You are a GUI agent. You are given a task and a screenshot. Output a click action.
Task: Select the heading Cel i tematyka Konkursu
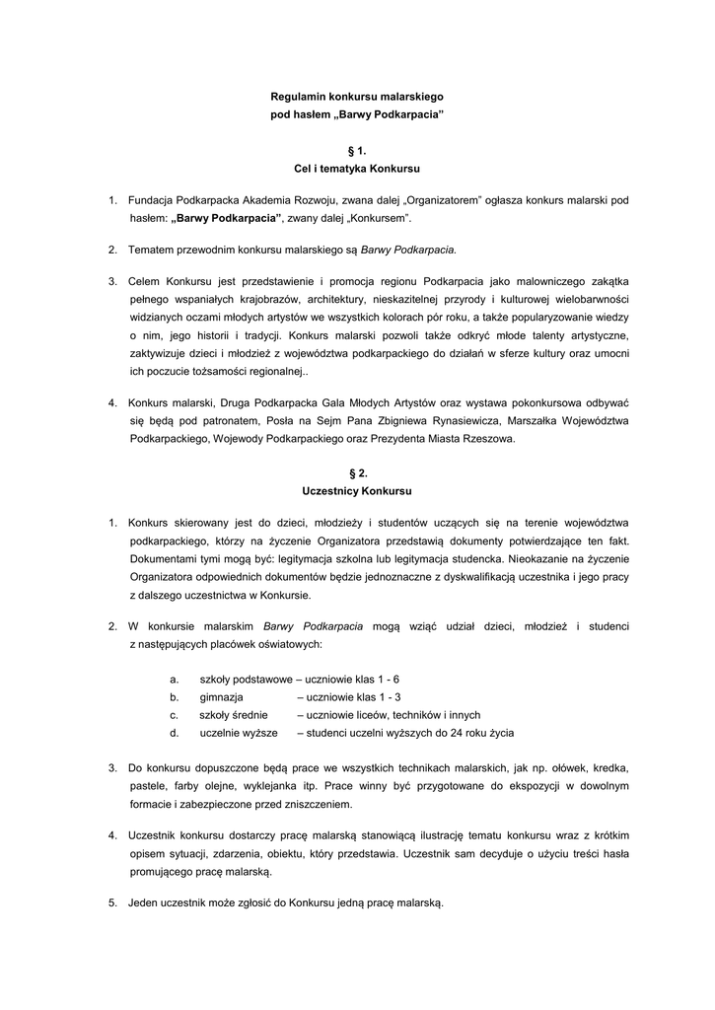[357, 169]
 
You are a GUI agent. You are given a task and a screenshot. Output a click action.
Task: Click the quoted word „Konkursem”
[380, 217]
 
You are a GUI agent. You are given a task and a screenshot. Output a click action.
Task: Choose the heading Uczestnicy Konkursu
[357, 490]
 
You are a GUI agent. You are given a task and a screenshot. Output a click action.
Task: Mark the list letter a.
[174, 680]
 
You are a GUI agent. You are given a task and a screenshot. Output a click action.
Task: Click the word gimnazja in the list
[221, 697]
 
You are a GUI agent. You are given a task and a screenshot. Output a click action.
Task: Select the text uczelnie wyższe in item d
[238, 733]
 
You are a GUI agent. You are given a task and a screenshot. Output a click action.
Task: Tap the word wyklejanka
[271, 786]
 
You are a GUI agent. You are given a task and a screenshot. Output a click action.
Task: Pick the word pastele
[148, 786]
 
